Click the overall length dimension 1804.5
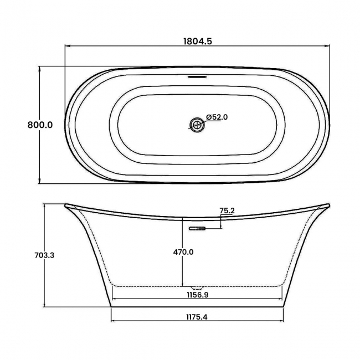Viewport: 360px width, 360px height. coord(198,40)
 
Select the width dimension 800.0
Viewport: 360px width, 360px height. coord(40,125)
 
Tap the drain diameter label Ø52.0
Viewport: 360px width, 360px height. coord(217,117)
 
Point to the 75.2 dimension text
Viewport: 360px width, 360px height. coord(227,210)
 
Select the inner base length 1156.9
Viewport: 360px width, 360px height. coord(198,295)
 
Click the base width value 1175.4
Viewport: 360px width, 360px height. coord(198,317)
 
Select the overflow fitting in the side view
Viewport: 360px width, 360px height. coord(197,228)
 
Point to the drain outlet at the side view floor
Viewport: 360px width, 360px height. coord(197,287)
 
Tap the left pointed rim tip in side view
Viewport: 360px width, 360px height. coord(66,205)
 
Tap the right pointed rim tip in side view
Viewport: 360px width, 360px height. coord(329,205)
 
